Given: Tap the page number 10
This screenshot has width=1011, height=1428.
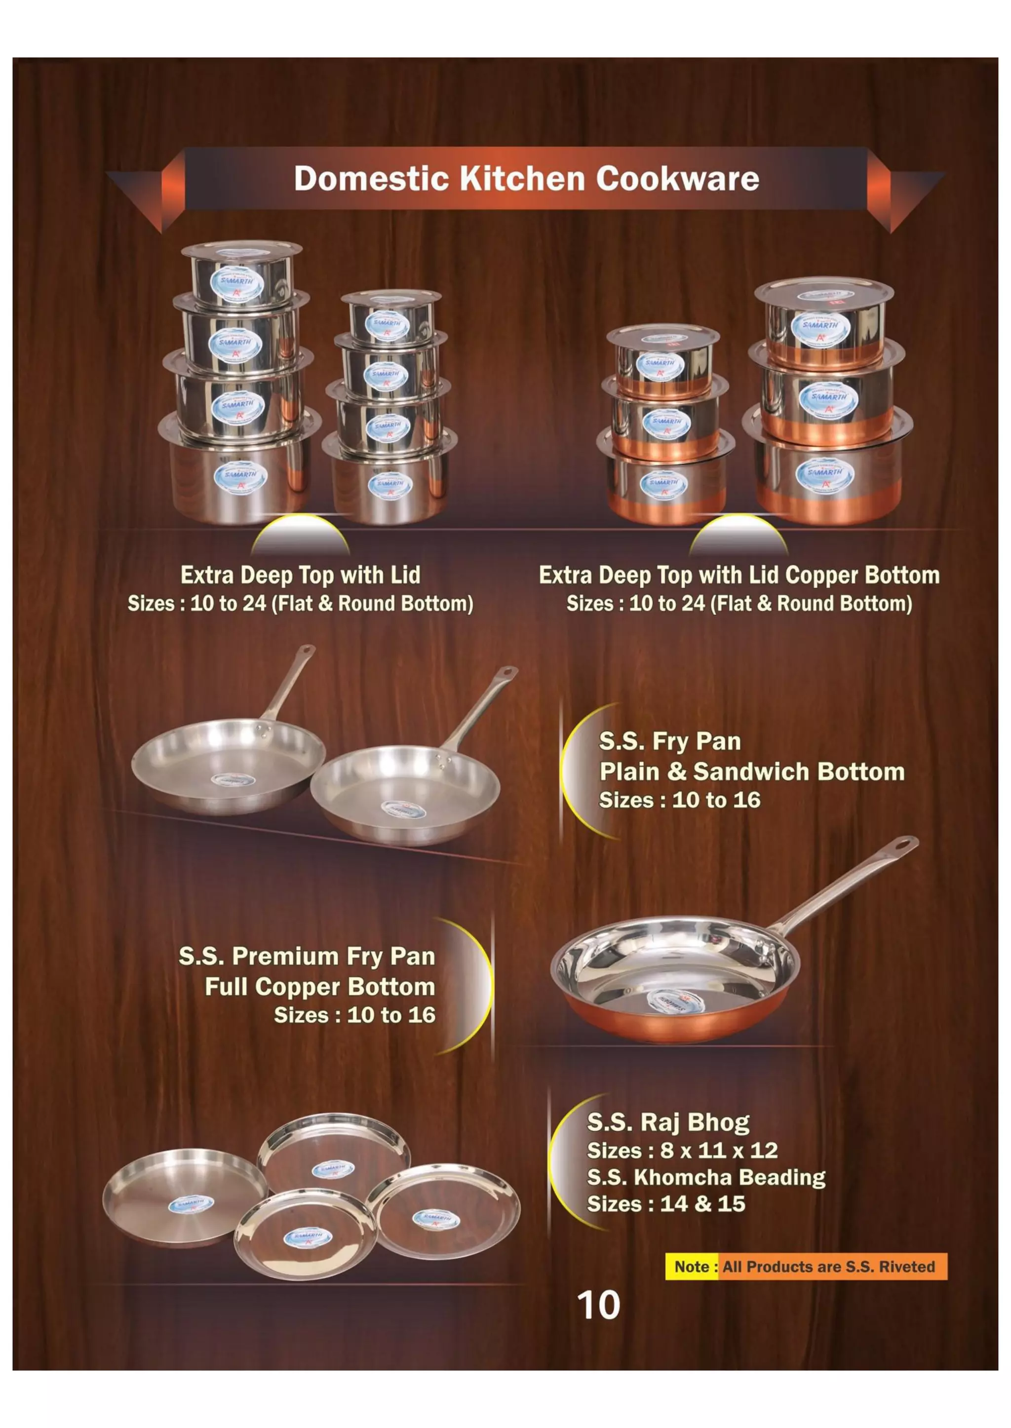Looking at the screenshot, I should pyautogui.click(x=598, y=1306).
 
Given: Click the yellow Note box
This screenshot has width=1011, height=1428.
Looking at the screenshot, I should pyautogui.click(x=692, y=1267).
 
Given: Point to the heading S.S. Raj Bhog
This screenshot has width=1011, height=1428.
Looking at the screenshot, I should pyautogui.click(x=668, y=1122).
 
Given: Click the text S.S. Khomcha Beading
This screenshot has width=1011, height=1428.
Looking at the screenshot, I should pyautogui.click(x=706, y=1177).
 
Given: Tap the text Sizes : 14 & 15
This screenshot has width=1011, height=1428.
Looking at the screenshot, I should pyautogui.click(x=665, y=1204).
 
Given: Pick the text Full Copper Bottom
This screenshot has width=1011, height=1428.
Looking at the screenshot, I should pyautogui.click(x=319, y=987).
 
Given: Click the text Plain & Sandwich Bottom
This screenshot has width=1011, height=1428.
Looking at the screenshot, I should pyautogui.click(x=751, y=772).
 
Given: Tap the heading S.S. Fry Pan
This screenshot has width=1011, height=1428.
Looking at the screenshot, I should pyautogui.click(x=670, y=741).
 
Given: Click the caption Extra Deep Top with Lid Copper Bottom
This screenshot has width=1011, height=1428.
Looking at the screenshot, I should pyautogui.click(x=739, y=575).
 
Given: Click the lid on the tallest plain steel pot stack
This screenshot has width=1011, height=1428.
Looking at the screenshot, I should pyautogui.click(x=241, y=249).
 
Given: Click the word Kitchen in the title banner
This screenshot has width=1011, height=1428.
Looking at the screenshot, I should pyautogui.click(x=522, y=179).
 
